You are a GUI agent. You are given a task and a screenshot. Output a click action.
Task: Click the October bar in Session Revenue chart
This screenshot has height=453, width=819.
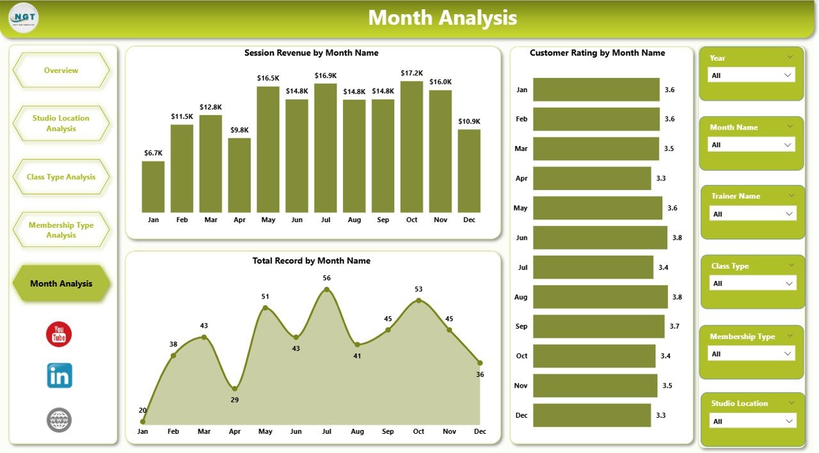click(411, 147)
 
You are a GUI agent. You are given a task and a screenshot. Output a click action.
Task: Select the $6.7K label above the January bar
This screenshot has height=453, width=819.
click(153, 153)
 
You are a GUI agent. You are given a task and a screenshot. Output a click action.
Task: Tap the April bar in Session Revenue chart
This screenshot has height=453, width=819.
click(239, 175)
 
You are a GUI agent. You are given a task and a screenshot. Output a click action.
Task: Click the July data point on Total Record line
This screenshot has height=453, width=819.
click(327, 290)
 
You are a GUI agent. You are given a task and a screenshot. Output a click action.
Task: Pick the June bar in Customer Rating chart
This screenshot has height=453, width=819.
click(600, 237)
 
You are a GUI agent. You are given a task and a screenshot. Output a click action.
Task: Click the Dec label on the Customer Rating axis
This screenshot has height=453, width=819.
click(521, 415)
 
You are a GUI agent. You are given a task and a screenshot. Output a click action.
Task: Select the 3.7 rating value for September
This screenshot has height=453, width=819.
click(675, 326)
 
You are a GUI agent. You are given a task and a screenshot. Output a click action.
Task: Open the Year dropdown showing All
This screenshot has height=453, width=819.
click(751, 75)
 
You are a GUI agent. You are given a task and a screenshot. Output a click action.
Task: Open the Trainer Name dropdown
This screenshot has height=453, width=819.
click(752, 214)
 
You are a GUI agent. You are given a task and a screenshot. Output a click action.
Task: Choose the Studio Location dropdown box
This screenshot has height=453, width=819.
click(752, 421)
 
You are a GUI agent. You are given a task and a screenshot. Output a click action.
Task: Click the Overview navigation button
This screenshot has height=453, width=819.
click(61, 70)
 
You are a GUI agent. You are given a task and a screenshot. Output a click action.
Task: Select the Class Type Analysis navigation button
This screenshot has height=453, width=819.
click(61, 177)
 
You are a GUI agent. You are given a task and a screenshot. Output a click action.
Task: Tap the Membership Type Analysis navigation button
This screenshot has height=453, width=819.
click(61, 230)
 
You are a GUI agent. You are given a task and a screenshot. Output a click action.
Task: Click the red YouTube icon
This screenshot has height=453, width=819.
click(59, 334)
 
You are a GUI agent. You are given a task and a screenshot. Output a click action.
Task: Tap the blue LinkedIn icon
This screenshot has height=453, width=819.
click(59, 376)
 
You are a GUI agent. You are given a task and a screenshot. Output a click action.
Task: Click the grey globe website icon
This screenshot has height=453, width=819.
click(59, 420)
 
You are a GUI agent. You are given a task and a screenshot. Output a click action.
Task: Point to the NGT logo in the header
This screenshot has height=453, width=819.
click(24, 18)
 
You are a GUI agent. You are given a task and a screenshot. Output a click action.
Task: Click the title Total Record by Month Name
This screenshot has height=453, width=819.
click(312, 260)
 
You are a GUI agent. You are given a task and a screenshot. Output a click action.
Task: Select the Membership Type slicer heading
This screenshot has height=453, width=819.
click(742, 337)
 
